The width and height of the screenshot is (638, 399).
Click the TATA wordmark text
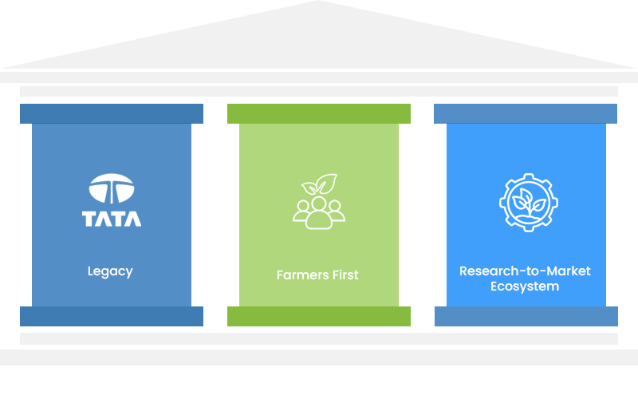(112, 218)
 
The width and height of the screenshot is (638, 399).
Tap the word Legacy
(110, 271)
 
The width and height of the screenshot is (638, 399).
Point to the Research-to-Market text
(525, 271)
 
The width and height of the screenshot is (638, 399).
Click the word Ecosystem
(525, 286)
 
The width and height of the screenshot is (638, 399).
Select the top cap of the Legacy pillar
(112, 113)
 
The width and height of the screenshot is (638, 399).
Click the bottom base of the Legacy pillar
(112, 316)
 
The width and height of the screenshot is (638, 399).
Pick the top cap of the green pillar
(319, 113)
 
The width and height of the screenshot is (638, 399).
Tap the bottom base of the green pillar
(319, 316)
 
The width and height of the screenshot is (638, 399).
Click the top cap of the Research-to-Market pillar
(526, 113)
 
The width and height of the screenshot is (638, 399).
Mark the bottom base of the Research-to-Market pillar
(526, 316)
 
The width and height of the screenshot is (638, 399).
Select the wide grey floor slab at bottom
(319, 357)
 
